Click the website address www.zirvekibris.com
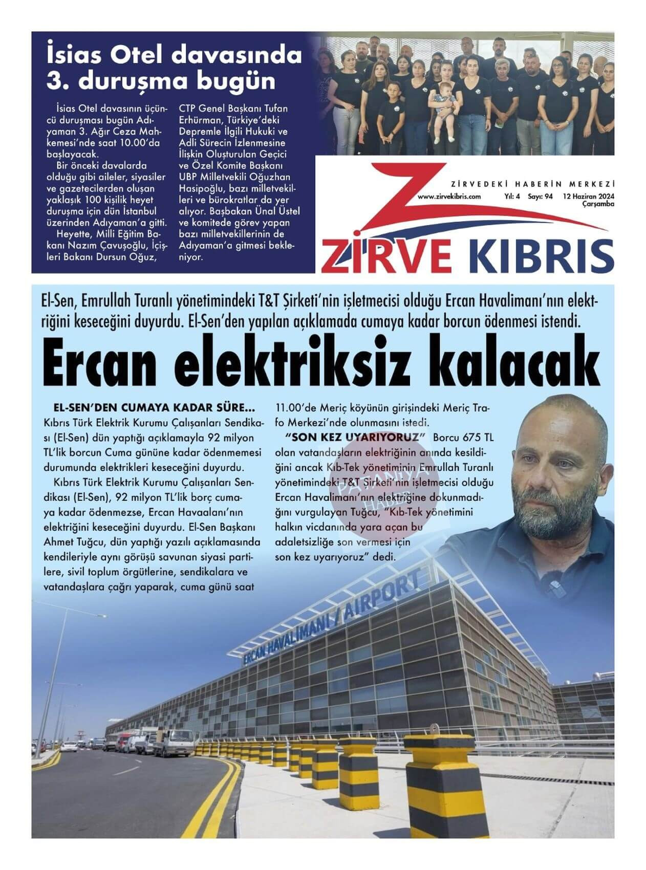[x=449, y=197]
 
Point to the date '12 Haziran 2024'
[x=588, y=197]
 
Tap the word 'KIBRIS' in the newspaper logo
[x=541, y=256]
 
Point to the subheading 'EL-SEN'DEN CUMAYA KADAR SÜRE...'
[x=154, y=408]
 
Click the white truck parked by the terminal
[x=175, y=742]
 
